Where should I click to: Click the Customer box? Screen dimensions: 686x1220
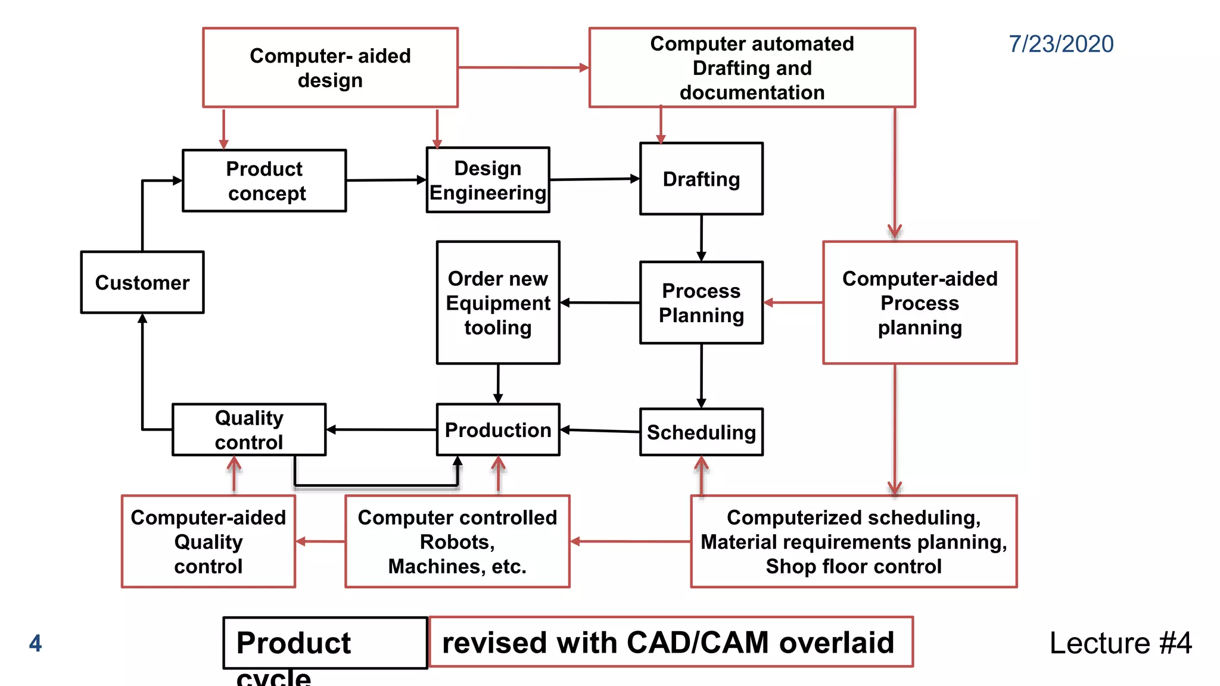pyautogui.click(x=142, y=282)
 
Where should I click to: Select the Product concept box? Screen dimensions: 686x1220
pyautogui.click(x=264, y=180)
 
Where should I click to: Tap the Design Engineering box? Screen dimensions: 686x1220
pyautogui.click(x=488, y=180)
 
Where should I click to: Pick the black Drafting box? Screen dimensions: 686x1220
pyautogui.click(x=701, y=179)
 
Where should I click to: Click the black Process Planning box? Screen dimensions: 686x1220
pyautogui.click(x=701, y=303)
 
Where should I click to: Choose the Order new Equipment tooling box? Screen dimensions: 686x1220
pyautogui.click(x=498, y=303)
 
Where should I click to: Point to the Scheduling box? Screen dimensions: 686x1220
pyautogui.click(x=701, y=432)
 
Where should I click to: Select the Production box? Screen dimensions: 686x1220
pyautogui.click(x=498, y=429)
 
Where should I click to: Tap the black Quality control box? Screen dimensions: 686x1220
pyautogui.click(x=249, y=429)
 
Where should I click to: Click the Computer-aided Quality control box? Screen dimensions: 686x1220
pyautogui.click(x=208, y=541)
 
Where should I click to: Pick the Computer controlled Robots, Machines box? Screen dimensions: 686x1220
pyautogui.click(x=457, y=541)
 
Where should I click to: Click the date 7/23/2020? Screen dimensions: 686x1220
pyautogui.click(x=1061, y=44)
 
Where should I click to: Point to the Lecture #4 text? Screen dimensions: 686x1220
pyautogui.click(x=1120, y=643)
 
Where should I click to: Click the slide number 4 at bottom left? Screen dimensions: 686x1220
pyautogui.click(x=36, y=643)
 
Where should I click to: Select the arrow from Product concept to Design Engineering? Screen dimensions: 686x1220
pyautogui.click(x=386, y=180)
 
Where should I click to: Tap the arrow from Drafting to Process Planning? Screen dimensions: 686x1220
pyautogui.click(x=701, y=238)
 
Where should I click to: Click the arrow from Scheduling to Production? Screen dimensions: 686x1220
pyautogui.click(x=599, y=431)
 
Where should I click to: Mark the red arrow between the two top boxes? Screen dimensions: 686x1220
pyautogui.click(x=523, y=68)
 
